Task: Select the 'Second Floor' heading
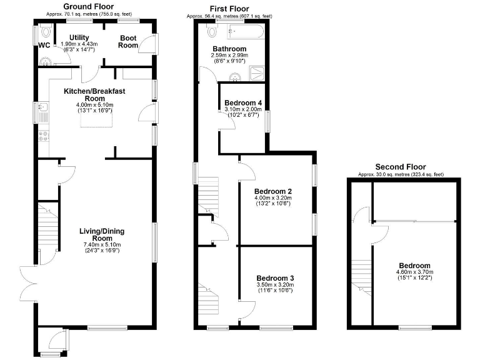400,167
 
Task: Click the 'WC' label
44,46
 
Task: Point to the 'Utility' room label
79,38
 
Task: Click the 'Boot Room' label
128,41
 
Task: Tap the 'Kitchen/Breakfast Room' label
95,95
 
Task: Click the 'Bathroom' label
229,49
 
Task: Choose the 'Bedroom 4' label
243,102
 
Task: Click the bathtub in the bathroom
247,30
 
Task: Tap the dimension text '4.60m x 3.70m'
414,272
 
